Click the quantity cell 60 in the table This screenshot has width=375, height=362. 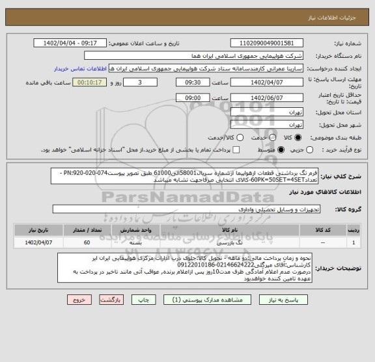(87, 242)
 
